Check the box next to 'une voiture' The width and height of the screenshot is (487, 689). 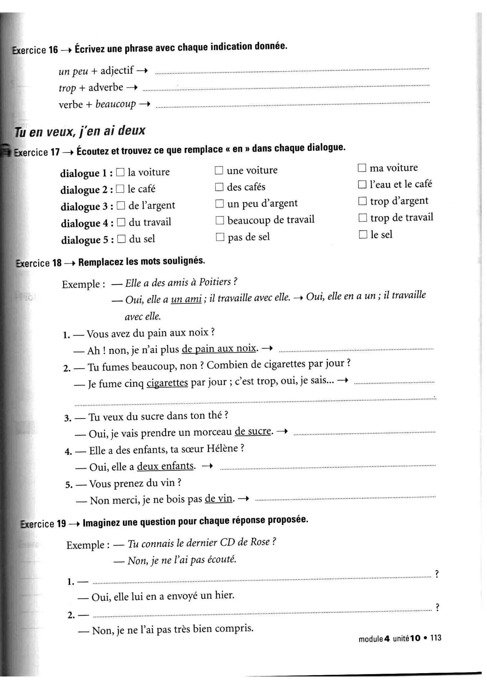[x=219, y=170]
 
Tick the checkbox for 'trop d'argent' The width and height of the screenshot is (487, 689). [x=362, y=201]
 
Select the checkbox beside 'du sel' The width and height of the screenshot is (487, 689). [x=121, y=239]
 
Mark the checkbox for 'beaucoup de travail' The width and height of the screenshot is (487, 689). [x=220, y=220]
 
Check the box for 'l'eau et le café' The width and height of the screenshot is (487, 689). [x=362, y=184]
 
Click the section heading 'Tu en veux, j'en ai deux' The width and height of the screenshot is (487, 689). [x=80, y=131]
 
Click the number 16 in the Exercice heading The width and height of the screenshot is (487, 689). [x=53, y=49]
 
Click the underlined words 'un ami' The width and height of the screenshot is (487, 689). [x=186, y=299]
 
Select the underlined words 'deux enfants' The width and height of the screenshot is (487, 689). [x=166, y=466]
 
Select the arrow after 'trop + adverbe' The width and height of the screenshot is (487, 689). [x=132, y=87]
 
